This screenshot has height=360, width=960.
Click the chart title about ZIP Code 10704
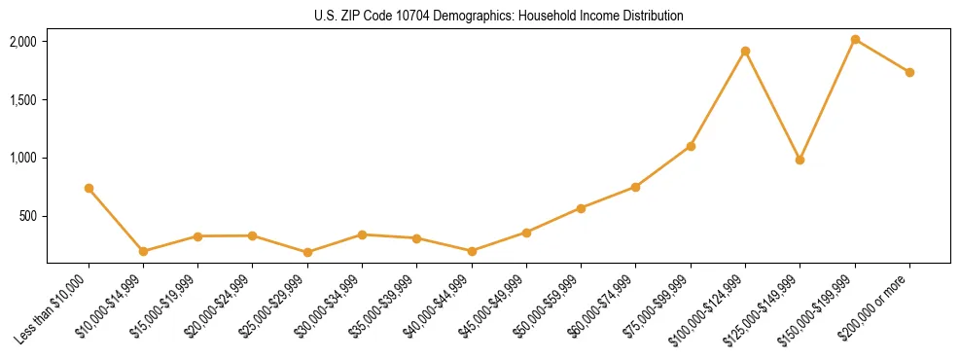pos(498,16)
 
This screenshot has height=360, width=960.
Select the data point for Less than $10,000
pos(89,188)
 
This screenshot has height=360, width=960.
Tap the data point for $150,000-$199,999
pos(855,39)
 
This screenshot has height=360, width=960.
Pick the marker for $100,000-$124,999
pos(745,51)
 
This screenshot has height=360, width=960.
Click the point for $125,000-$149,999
pos(800,160)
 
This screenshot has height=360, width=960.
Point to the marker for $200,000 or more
pos(909,72)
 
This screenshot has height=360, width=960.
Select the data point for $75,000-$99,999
pos(691,146)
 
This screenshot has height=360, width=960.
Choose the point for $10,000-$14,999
pos(143,251)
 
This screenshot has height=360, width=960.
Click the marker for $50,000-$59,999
pos(581,208)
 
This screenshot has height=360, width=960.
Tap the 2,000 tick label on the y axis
pos(23,42)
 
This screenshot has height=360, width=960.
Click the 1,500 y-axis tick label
pos(23,100)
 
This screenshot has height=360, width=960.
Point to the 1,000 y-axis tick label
pos(23,158)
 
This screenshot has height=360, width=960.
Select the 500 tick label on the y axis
pos(28,216)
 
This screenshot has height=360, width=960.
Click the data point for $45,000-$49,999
pos(526,233)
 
